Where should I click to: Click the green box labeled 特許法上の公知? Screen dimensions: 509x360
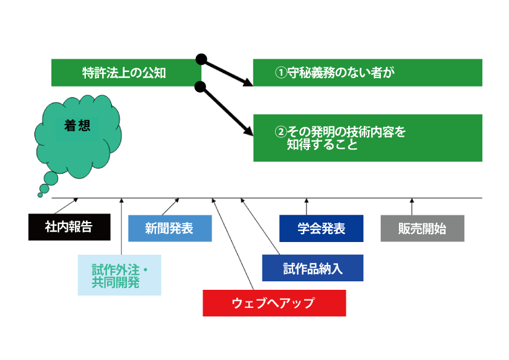click(x=126, y=73)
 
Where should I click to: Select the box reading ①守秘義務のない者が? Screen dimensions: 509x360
click(x=368, y=73)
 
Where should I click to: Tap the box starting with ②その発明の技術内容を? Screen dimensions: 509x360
click(x=368, y=138)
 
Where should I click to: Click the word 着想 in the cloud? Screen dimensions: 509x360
click(x=77, y=126)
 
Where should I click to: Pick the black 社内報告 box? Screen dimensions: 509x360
click(x=70, y=227)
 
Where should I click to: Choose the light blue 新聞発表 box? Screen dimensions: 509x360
click(x=170, y=229)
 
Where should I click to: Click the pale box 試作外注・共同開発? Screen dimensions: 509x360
click(x=120, y=275)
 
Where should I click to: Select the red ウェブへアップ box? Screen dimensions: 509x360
click(x=274, y=303)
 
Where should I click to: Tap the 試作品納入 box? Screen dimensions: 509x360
click(x=313, y=268)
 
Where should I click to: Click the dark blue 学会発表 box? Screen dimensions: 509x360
click(x=322, y=229)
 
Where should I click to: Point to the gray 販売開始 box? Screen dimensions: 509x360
click(x=423, y=229)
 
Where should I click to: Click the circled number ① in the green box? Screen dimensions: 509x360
click(x=280, y=73)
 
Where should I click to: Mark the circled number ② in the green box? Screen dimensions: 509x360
click(x=280, y=132)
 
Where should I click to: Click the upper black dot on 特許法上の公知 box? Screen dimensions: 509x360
click(x=201, y=59)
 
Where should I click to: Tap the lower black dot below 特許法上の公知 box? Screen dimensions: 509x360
click(x=200, y=87)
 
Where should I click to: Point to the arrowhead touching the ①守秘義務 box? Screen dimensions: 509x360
click(x=248, y=82)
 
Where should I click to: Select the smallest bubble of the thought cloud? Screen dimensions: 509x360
click(x=41, y=195)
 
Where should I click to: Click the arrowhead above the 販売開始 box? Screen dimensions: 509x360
click(x=412, y=200)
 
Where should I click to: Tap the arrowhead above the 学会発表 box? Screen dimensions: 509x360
click(x=306, y=200)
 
